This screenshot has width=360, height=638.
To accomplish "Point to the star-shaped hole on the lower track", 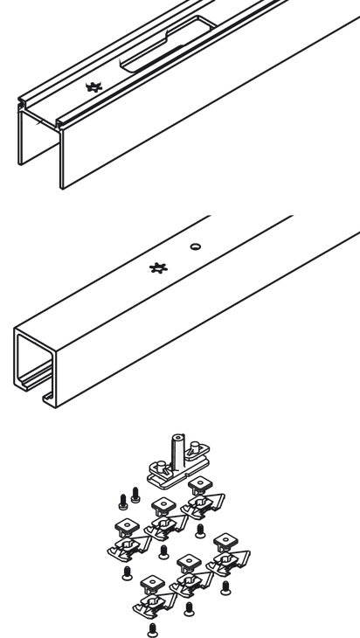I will [158, 267].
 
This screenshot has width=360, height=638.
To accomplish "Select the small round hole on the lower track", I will [196, 246].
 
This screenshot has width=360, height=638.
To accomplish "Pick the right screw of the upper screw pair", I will [135, 496].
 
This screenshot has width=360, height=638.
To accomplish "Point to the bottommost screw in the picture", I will [153, 627].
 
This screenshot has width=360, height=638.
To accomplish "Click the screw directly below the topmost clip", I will [200, 530].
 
